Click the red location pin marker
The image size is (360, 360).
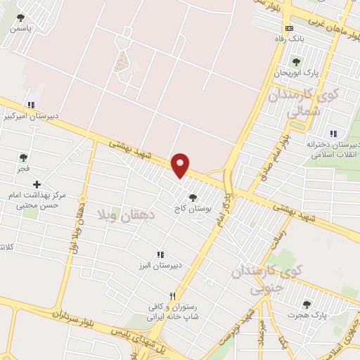(181, 165)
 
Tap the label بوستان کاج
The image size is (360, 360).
(192, 209)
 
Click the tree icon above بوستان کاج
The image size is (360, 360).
(192, 198)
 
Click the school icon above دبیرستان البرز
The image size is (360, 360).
(160, 255)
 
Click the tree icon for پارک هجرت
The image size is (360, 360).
(306, 304)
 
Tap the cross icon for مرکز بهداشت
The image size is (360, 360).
(37, 184)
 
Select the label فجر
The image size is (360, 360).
(23, 169)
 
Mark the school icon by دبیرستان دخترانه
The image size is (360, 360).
(333, 134)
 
